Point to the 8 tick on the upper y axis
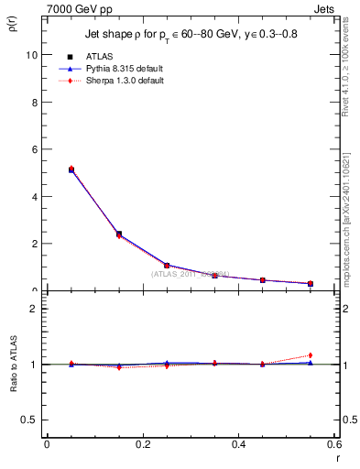coord(36,102)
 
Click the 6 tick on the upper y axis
coord(36,149)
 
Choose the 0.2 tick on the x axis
coord(142,444)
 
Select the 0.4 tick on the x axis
coord(238,444)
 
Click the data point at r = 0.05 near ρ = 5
coord(71,169)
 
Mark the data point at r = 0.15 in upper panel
coord(119,234)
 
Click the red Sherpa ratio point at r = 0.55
coord(311,355)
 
